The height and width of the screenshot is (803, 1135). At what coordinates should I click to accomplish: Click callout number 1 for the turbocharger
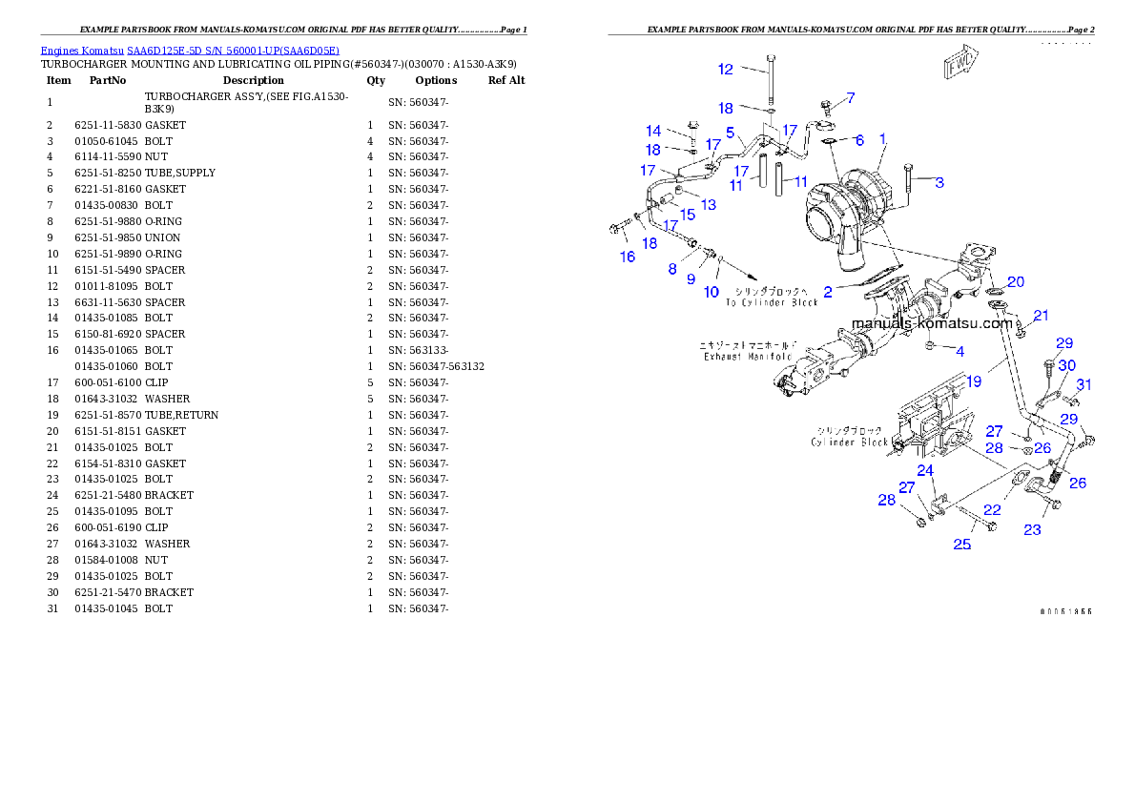[883, 139]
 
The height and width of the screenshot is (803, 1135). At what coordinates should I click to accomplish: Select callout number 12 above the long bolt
[726, 69]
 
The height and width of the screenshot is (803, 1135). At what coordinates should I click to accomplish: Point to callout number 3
[939, 182]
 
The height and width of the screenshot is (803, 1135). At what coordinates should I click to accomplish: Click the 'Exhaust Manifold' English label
[748, 357]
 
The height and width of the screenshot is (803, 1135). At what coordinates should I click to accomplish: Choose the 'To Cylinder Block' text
[772, 302]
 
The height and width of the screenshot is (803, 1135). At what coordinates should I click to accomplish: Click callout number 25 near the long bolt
[962, 545]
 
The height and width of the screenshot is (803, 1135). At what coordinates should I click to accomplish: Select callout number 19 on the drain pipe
[973, 381]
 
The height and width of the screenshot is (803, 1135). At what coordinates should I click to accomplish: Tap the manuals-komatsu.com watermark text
[932, 323]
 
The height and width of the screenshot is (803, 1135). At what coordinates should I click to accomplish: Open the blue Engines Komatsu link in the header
[190, 51]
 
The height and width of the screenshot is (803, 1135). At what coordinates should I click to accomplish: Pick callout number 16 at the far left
[627, 257]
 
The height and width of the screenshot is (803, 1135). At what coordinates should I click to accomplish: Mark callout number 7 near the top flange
[850, 97]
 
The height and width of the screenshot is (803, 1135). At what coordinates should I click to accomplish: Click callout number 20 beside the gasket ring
[1016, 282]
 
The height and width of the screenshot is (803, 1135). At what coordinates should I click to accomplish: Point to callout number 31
[1083, 384]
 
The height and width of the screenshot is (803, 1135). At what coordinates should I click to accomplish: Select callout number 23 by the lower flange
[1032, 530]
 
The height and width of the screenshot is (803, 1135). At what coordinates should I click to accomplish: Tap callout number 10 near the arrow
[712, 292]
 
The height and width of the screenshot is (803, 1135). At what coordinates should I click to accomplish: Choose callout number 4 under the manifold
[960, 352]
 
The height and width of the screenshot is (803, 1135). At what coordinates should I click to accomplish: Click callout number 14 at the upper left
[653, 131]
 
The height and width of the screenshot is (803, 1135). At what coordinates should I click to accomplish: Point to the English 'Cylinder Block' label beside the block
[850, 443]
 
